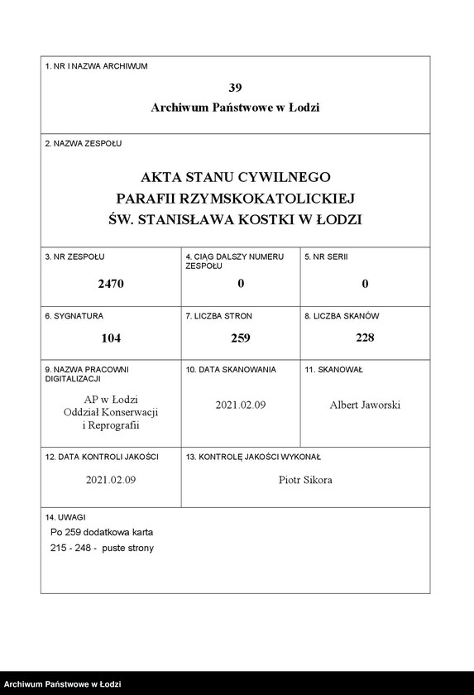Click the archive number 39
coord(235,88)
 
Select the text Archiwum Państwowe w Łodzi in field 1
coord(235,108)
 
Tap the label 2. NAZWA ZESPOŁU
coord(83,143)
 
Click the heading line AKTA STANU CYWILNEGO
coord(235,177)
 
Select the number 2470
coord(110,284)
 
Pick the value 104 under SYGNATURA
coord(110,338)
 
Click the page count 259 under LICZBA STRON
coord(240,338)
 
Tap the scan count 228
coord(365,338)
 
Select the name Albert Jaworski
coord(365,405)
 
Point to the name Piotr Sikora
coord(305,480)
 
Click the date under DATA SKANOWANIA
coord(240,405)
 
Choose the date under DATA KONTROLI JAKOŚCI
coord(111,480)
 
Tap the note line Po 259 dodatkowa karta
coord(102,532)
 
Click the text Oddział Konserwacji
coord(110,412)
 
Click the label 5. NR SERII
coord(326,257)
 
